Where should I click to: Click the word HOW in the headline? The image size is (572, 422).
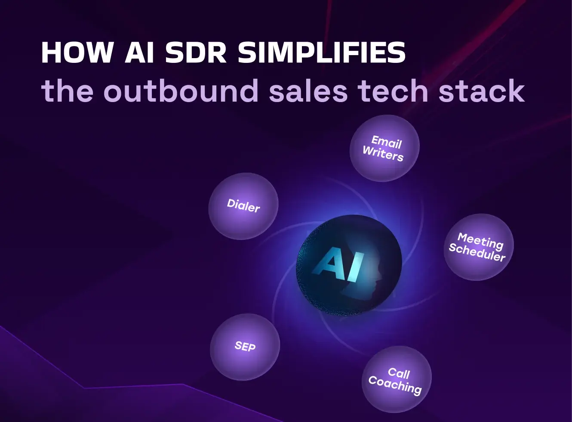(77, 53)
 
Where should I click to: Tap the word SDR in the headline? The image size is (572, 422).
(196, 53)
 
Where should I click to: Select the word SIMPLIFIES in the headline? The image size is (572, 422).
(322, 53)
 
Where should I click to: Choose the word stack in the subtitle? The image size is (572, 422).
(481, 90)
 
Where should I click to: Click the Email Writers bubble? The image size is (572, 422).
(384, 148)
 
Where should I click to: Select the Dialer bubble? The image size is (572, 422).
(243, 206)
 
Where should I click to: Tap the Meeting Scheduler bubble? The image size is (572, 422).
(479, 247)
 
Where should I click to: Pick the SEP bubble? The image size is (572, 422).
(245, 347)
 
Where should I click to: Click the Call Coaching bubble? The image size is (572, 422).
(397, 379)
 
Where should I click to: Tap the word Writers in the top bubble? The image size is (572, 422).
(383, 154)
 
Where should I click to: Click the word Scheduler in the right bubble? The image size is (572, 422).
(477, 252)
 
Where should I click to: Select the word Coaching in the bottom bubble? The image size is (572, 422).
(395, 385)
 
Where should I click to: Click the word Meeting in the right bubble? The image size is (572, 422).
(480, 241)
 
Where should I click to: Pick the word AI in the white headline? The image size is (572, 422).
(139, 53)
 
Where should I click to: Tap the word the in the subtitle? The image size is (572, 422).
(67, 90)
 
